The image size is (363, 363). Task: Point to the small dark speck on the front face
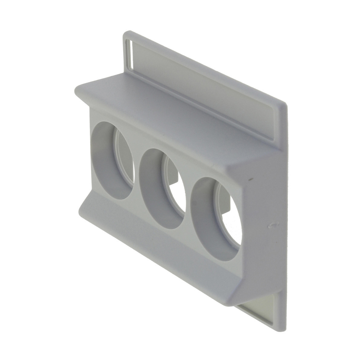(x=250, y=179)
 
